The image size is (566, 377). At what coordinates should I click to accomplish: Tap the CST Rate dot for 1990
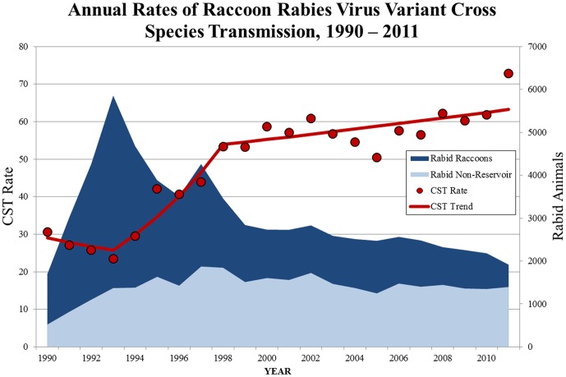click(48, 232)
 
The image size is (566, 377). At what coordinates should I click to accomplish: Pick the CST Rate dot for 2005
click(377, 158)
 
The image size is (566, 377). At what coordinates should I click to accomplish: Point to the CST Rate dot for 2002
click(311, 118)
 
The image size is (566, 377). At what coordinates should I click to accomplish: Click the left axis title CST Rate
click(12, 196)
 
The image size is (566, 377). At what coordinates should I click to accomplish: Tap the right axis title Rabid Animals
click(555, 196)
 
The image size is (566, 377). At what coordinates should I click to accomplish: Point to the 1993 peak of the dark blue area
click(113, 96)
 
